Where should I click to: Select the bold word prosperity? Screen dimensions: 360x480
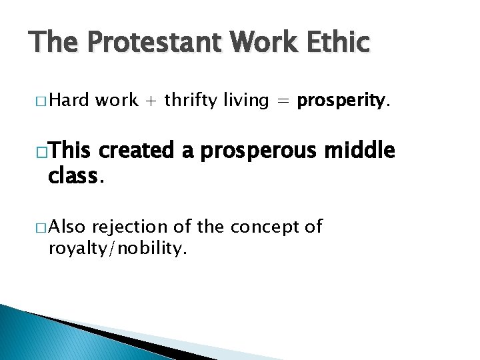341,101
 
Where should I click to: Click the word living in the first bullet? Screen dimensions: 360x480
249,101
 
